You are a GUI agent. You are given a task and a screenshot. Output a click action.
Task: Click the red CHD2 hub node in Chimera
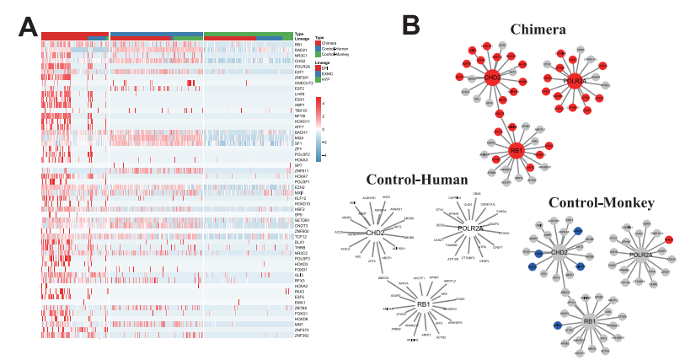point(492,78)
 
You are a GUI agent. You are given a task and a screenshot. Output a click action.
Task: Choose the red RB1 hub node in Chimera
point(515,151)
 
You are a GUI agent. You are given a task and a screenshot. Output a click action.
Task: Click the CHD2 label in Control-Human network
point(375,233)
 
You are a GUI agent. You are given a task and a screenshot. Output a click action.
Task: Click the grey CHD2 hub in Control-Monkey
point(559,250)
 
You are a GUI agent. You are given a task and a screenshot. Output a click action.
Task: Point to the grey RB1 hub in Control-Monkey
point(590,321)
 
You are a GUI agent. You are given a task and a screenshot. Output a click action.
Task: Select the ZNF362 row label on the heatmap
point(302,335)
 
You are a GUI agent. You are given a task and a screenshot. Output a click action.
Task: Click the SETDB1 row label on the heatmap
point(302,220)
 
